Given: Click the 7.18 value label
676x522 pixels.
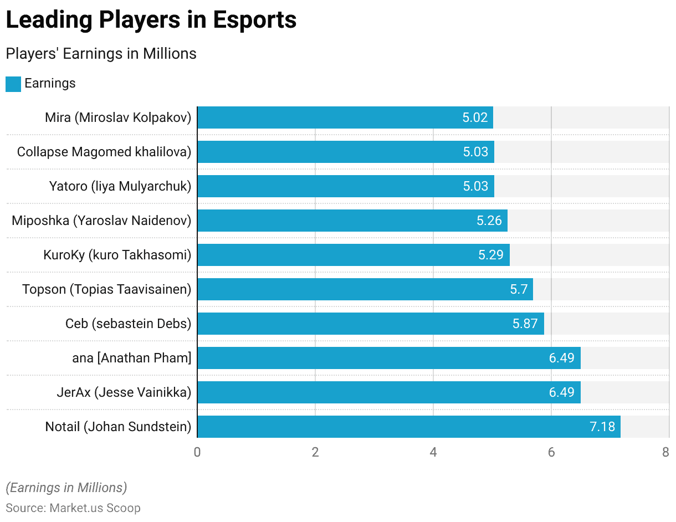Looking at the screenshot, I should pos(602,427).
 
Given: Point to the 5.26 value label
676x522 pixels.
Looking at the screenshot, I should pos(489,221).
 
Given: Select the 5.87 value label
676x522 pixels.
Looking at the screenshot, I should pos(525,324).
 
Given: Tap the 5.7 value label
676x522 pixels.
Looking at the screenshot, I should pos(519,289).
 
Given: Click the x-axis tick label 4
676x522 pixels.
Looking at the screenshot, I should pos(433,452).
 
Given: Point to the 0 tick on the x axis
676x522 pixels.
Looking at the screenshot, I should pos(197,452).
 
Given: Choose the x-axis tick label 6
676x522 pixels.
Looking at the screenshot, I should pos(551,452).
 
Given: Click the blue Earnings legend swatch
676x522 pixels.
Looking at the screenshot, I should pos(13,84).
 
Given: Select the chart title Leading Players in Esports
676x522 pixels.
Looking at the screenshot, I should pos(151,21).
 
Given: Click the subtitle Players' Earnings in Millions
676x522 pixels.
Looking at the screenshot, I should pos(101,54).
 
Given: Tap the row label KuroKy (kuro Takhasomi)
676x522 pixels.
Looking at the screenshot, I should pos(117,255).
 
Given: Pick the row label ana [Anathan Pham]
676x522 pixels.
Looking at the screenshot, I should pos(131,358).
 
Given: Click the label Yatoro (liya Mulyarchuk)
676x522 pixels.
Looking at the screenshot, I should pos(120,186).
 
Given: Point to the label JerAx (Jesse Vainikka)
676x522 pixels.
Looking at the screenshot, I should pos(124,392).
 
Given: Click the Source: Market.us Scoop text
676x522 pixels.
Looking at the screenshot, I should pos(73,508).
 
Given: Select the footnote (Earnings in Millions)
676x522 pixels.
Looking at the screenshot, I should pos(66,488).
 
